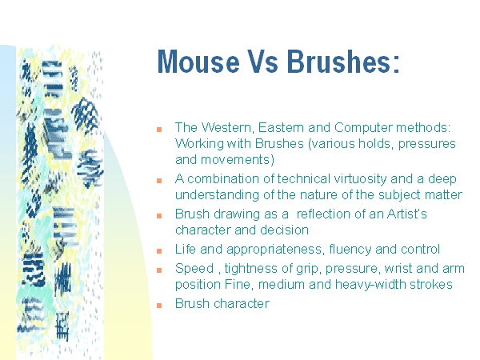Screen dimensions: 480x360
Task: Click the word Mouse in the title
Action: click(198, 62)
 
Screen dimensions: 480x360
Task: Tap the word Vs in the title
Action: click(263, 62)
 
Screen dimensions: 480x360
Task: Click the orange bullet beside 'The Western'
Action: click(159, 130)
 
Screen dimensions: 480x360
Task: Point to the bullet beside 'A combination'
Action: click(159, 181)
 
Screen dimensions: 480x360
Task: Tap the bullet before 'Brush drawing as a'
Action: click(159, 216)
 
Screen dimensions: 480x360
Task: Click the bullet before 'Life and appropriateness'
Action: click(159, 251)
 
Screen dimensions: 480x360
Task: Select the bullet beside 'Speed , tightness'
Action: click(159, 270)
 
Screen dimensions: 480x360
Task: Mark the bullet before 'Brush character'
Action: click(159, 306)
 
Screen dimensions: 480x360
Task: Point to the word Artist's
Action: click(407, 214)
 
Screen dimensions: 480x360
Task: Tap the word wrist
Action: click(398, 269)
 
